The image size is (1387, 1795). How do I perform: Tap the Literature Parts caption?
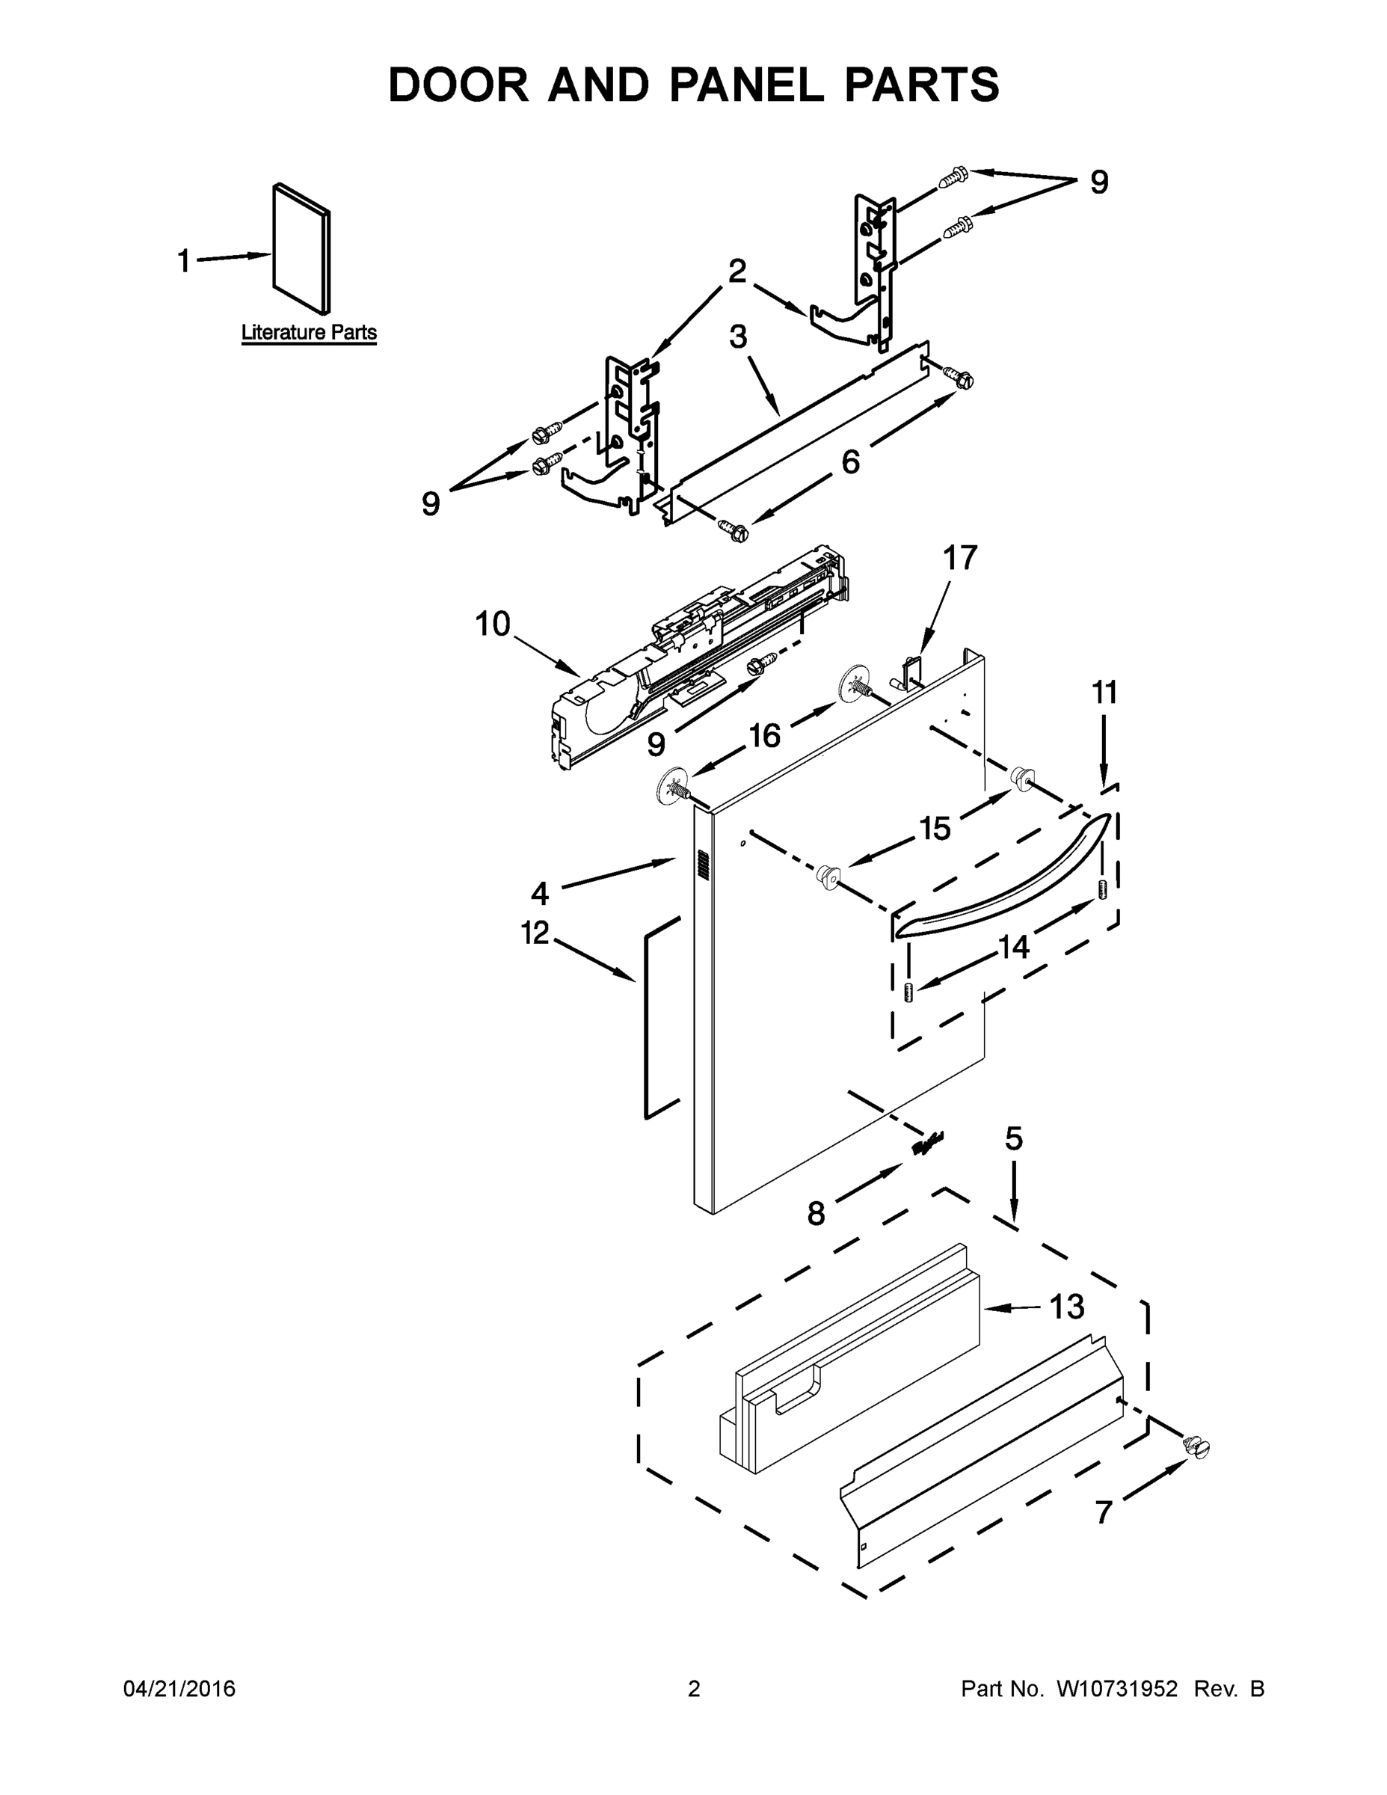pyautogui.click(x=309, y=332)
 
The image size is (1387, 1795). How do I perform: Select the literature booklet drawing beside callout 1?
pyautogui.click(x=301, y=248)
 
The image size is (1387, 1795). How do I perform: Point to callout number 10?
pyautogui.click(x=493, y=625)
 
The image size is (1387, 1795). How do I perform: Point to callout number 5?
pyautogui.click(x=1014, y=1138)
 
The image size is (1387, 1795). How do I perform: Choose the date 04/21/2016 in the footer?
pyautogui.click(x=179, y=1689)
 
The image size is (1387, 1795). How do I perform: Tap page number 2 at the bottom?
pyautogui.click(x=694, y=1689)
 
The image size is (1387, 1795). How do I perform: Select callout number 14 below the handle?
pyautogui.click(x=1013, y=948)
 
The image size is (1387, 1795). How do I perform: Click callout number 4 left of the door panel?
pyautogui.click(x=539, y=892)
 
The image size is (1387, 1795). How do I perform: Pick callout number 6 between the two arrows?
pyautogui.click(x=850, y=462)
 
